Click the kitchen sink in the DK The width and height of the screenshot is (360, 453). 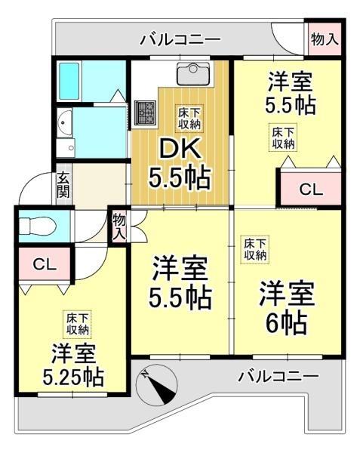(193, 74)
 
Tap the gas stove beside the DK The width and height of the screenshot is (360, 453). (145, 113)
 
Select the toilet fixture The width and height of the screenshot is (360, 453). (38, 225)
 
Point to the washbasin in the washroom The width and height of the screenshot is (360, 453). (64, 123)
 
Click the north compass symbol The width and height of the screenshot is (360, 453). (157, 387)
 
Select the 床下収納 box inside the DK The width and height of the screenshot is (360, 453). (189, 119)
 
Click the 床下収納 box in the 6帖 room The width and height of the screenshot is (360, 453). (255, 248)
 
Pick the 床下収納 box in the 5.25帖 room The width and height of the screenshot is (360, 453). (78, 324)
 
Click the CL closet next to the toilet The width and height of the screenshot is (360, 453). (45, 263)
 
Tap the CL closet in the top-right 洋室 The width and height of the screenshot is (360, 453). (311, 189)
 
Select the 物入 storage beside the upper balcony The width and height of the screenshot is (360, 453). (325, 39)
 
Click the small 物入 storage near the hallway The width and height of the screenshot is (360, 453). (119, 226)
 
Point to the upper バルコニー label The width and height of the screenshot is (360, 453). (180, 39)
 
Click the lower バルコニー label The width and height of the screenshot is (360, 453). (278, 376)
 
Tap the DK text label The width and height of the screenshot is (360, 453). (180, 147)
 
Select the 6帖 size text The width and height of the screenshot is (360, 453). (286, 322)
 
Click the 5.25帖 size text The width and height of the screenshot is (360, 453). (73, 377)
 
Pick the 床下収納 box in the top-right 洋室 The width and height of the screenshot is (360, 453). (283, 138)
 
